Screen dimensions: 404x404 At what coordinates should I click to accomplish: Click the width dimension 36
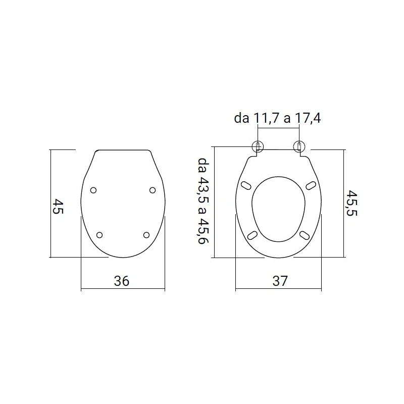click(x=121, y=281)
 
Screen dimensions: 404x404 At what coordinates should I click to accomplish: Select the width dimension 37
click(x=280, y=281)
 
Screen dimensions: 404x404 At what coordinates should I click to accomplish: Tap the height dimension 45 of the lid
click(x=58, y=206)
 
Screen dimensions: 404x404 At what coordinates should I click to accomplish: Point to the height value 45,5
click(x=351, y=203)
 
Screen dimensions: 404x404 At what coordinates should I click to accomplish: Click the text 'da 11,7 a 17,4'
click(x=277, y=118)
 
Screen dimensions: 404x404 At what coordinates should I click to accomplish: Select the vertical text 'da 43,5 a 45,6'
click(x=204, y=200)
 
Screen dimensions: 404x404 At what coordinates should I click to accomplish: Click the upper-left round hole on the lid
click(x=93, y=190)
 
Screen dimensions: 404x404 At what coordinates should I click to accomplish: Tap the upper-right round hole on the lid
click(x=153, y=190)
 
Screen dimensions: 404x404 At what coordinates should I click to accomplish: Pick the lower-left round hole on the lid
click(x=99, y=235)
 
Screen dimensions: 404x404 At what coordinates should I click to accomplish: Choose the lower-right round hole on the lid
click(x=146, y=235)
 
